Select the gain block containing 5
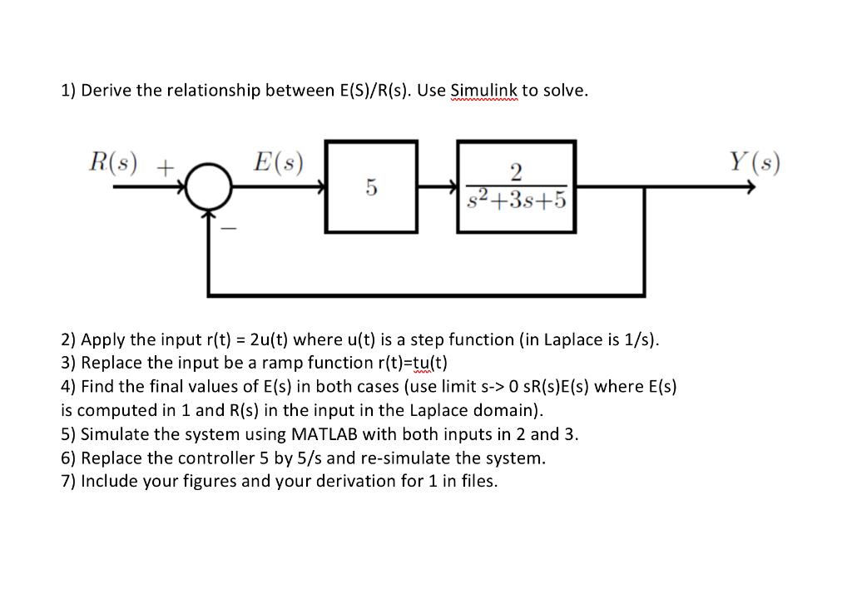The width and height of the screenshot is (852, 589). [x=371, y=187]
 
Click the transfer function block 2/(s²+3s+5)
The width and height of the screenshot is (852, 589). [x=518, y=187]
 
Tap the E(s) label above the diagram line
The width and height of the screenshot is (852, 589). [x=278, y=161]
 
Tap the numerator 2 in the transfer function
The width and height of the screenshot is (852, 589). [x=517, y=173]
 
